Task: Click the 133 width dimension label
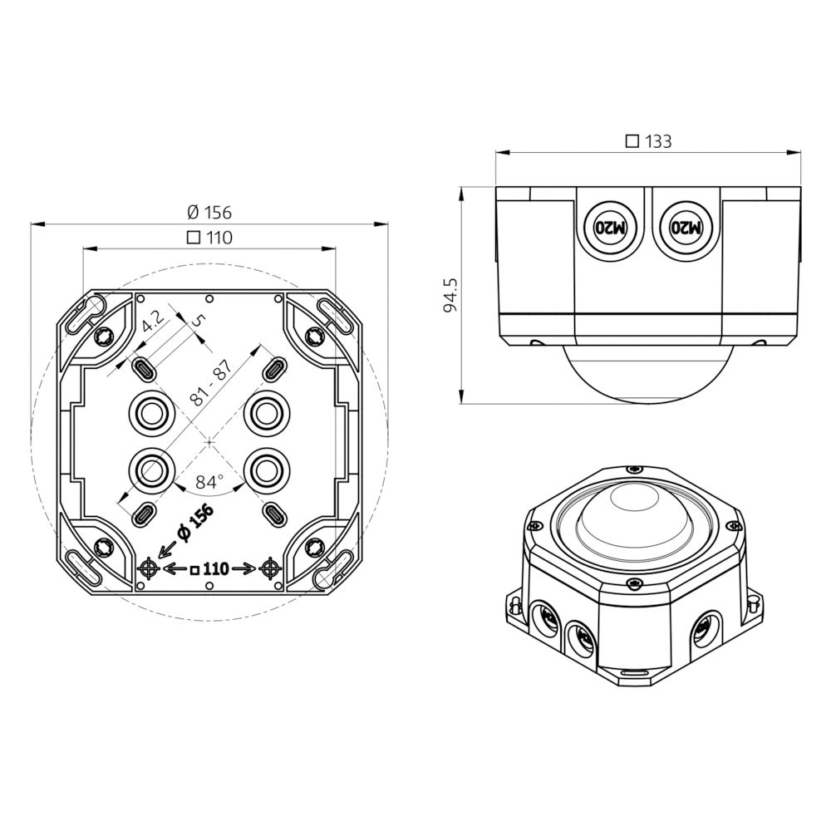[x=657, y=141]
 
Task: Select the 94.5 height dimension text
[x=450, y=295]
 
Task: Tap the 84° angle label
[x=210, y=481]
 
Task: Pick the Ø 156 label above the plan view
[x=209, y=212]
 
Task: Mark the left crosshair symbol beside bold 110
[x=149, y=568]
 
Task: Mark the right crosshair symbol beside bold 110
[x=269, y=568]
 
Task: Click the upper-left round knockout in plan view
[x=151, y=411]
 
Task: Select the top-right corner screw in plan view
[x=313, y=335]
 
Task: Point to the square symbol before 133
[x=632, y=141]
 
